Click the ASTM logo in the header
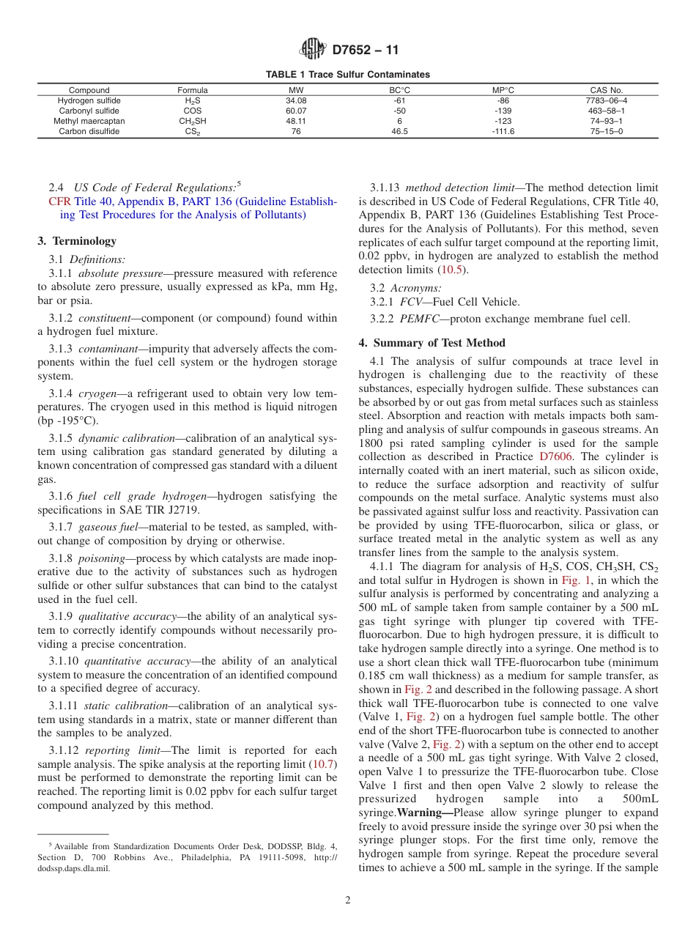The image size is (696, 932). pyautogui.click(x=314, y=50)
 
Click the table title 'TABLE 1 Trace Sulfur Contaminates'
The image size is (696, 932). pyautogui.click(x=347, y=75)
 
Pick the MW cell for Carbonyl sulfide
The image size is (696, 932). pyautogui.click(x=296, y=111)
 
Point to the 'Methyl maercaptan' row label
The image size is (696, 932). pyautogui.click(x=89, y=121)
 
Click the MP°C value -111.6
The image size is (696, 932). pyautogui.click(x=503, y=132)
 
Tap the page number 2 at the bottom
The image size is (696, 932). pyautogui.click(x=348, y=900)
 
